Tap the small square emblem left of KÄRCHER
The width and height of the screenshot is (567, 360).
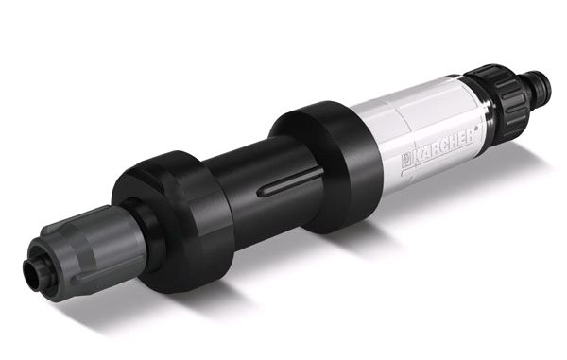click(x=406, y=161)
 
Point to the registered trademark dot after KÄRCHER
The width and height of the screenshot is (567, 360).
click(x=477, y=128)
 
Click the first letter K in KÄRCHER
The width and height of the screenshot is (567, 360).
click(x=419, y=156)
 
